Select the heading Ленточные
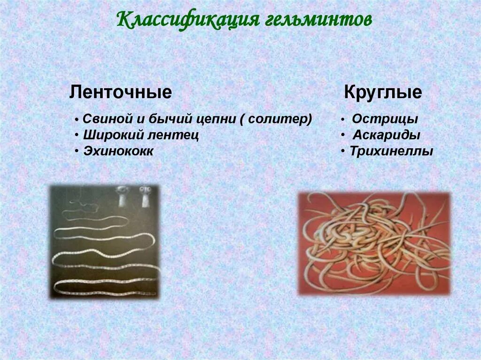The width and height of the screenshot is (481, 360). [120, 92]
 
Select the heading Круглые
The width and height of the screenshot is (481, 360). [383, 92]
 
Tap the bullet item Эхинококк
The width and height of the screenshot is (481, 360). [118, 151]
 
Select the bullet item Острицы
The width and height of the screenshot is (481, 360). [385, 119]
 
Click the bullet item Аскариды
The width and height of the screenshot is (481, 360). [386, 135]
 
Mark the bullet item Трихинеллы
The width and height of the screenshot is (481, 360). [391, 151]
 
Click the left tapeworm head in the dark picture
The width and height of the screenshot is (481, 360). [123, 196]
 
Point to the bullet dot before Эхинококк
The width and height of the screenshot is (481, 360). [76, 152]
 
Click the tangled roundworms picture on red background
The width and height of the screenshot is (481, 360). [373, 243]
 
